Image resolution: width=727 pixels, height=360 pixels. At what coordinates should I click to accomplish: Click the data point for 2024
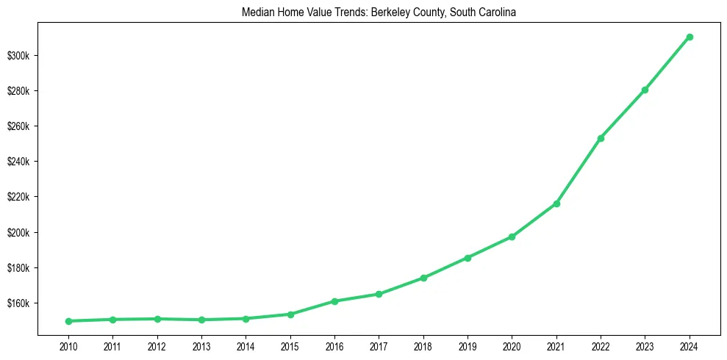point(689,37)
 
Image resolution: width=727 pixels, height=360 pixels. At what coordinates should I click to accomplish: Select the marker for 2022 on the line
point(601,138)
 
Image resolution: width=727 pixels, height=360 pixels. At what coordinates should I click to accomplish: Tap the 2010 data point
point(68,321)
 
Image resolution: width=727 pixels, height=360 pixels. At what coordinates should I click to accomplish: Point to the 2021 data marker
point(556,204)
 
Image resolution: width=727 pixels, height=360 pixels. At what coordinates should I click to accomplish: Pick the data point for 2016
point(334,301)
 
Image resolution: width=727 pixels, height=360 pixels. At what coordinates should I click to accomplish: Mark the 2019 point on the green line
point(468,258)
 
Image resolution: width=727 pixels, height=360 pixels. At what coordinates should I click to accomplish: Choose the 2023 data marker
point(645,90)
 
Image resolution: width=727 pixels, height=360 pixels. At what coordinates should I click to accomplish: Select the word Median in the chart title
point(255,12)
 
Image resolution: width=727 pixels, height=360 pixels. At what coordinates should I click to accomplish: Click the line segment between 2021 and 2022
point(579,171)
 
